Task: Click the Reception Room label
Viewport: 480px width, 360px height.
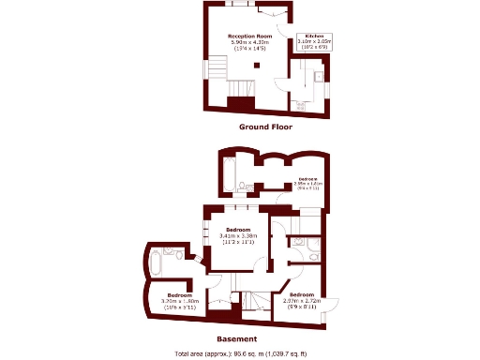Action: pos(249,36)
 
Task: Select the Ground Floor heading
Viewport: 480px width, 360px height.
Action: pos(265,127)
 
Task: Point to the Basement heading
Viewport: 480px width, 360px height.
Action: pos(237,338)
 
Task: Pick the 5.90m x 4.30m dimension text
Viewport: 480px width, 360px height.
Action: pos(249,42)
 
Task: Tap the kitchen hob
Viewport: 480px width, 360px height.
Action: pos(302,106)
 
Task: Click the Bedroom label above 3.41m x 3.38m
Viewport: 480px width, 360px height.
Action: pos(237,229)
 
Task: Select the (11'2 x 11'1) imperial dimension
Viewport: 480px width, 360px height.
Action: pos(237,242)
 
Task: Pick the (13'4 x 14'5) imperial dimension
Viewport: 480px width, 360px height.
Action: pos(249,49)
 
